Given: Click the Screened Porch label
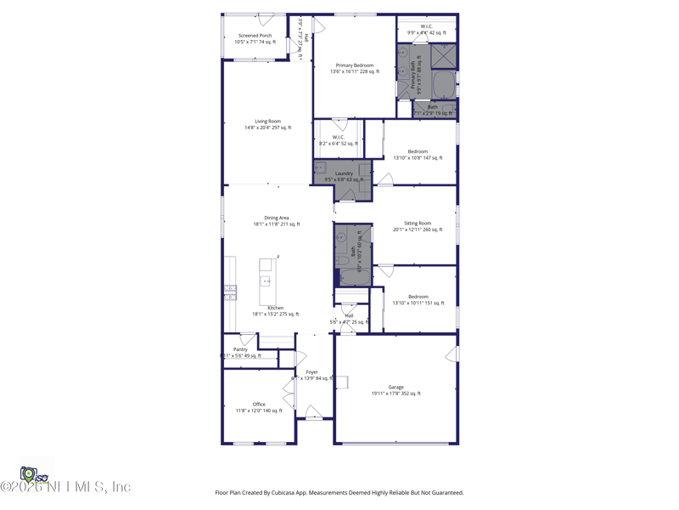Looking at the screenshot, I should [x=255, y=36].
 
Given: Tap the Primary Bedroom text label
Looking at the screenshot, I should [x=354, y=65].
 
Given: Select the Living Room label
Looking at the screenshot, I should [x=267, y=122].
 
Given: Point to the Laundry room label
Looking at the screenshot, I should [x=344, y=173].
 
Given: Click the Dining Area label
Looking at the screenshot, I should [x=276, y=218].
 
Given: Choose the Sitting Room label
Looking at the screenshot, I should [x=418, y=224].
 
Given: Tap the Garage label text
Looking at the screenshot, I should [x=396, y=388].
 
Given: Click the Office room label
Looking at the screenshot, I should [x=259, y=405].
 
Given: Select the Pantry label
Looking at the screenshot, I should [x=240, y=349].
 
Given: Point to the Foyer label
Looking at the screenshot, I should [x=311, y=371].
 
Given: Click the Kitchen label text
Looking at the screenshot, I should [x=276, y=308].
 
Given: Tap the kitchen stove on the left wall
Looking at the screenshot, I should [x=230, y=292].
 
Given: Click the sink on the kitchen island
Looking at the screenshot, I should [x=266, y=281].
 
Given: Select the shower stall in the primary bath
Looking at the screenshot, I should [x=442, y=56].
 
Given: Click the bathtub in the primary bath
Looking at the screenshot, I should [x=442, y=85].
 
